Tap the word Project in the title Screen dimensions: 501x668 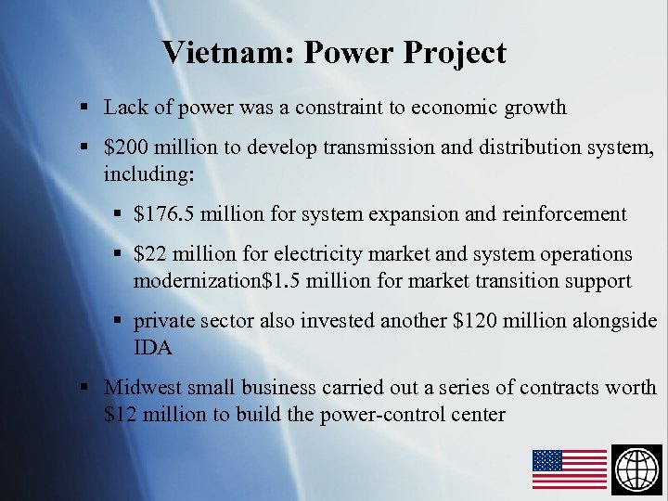(x=455, y=53)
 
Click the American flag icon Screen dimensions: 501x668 (x=569, y=469)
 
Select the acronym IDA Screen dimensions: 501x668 (x=152, y=347)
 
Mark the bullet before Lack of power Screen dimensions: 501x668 (x=84, y=108)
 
